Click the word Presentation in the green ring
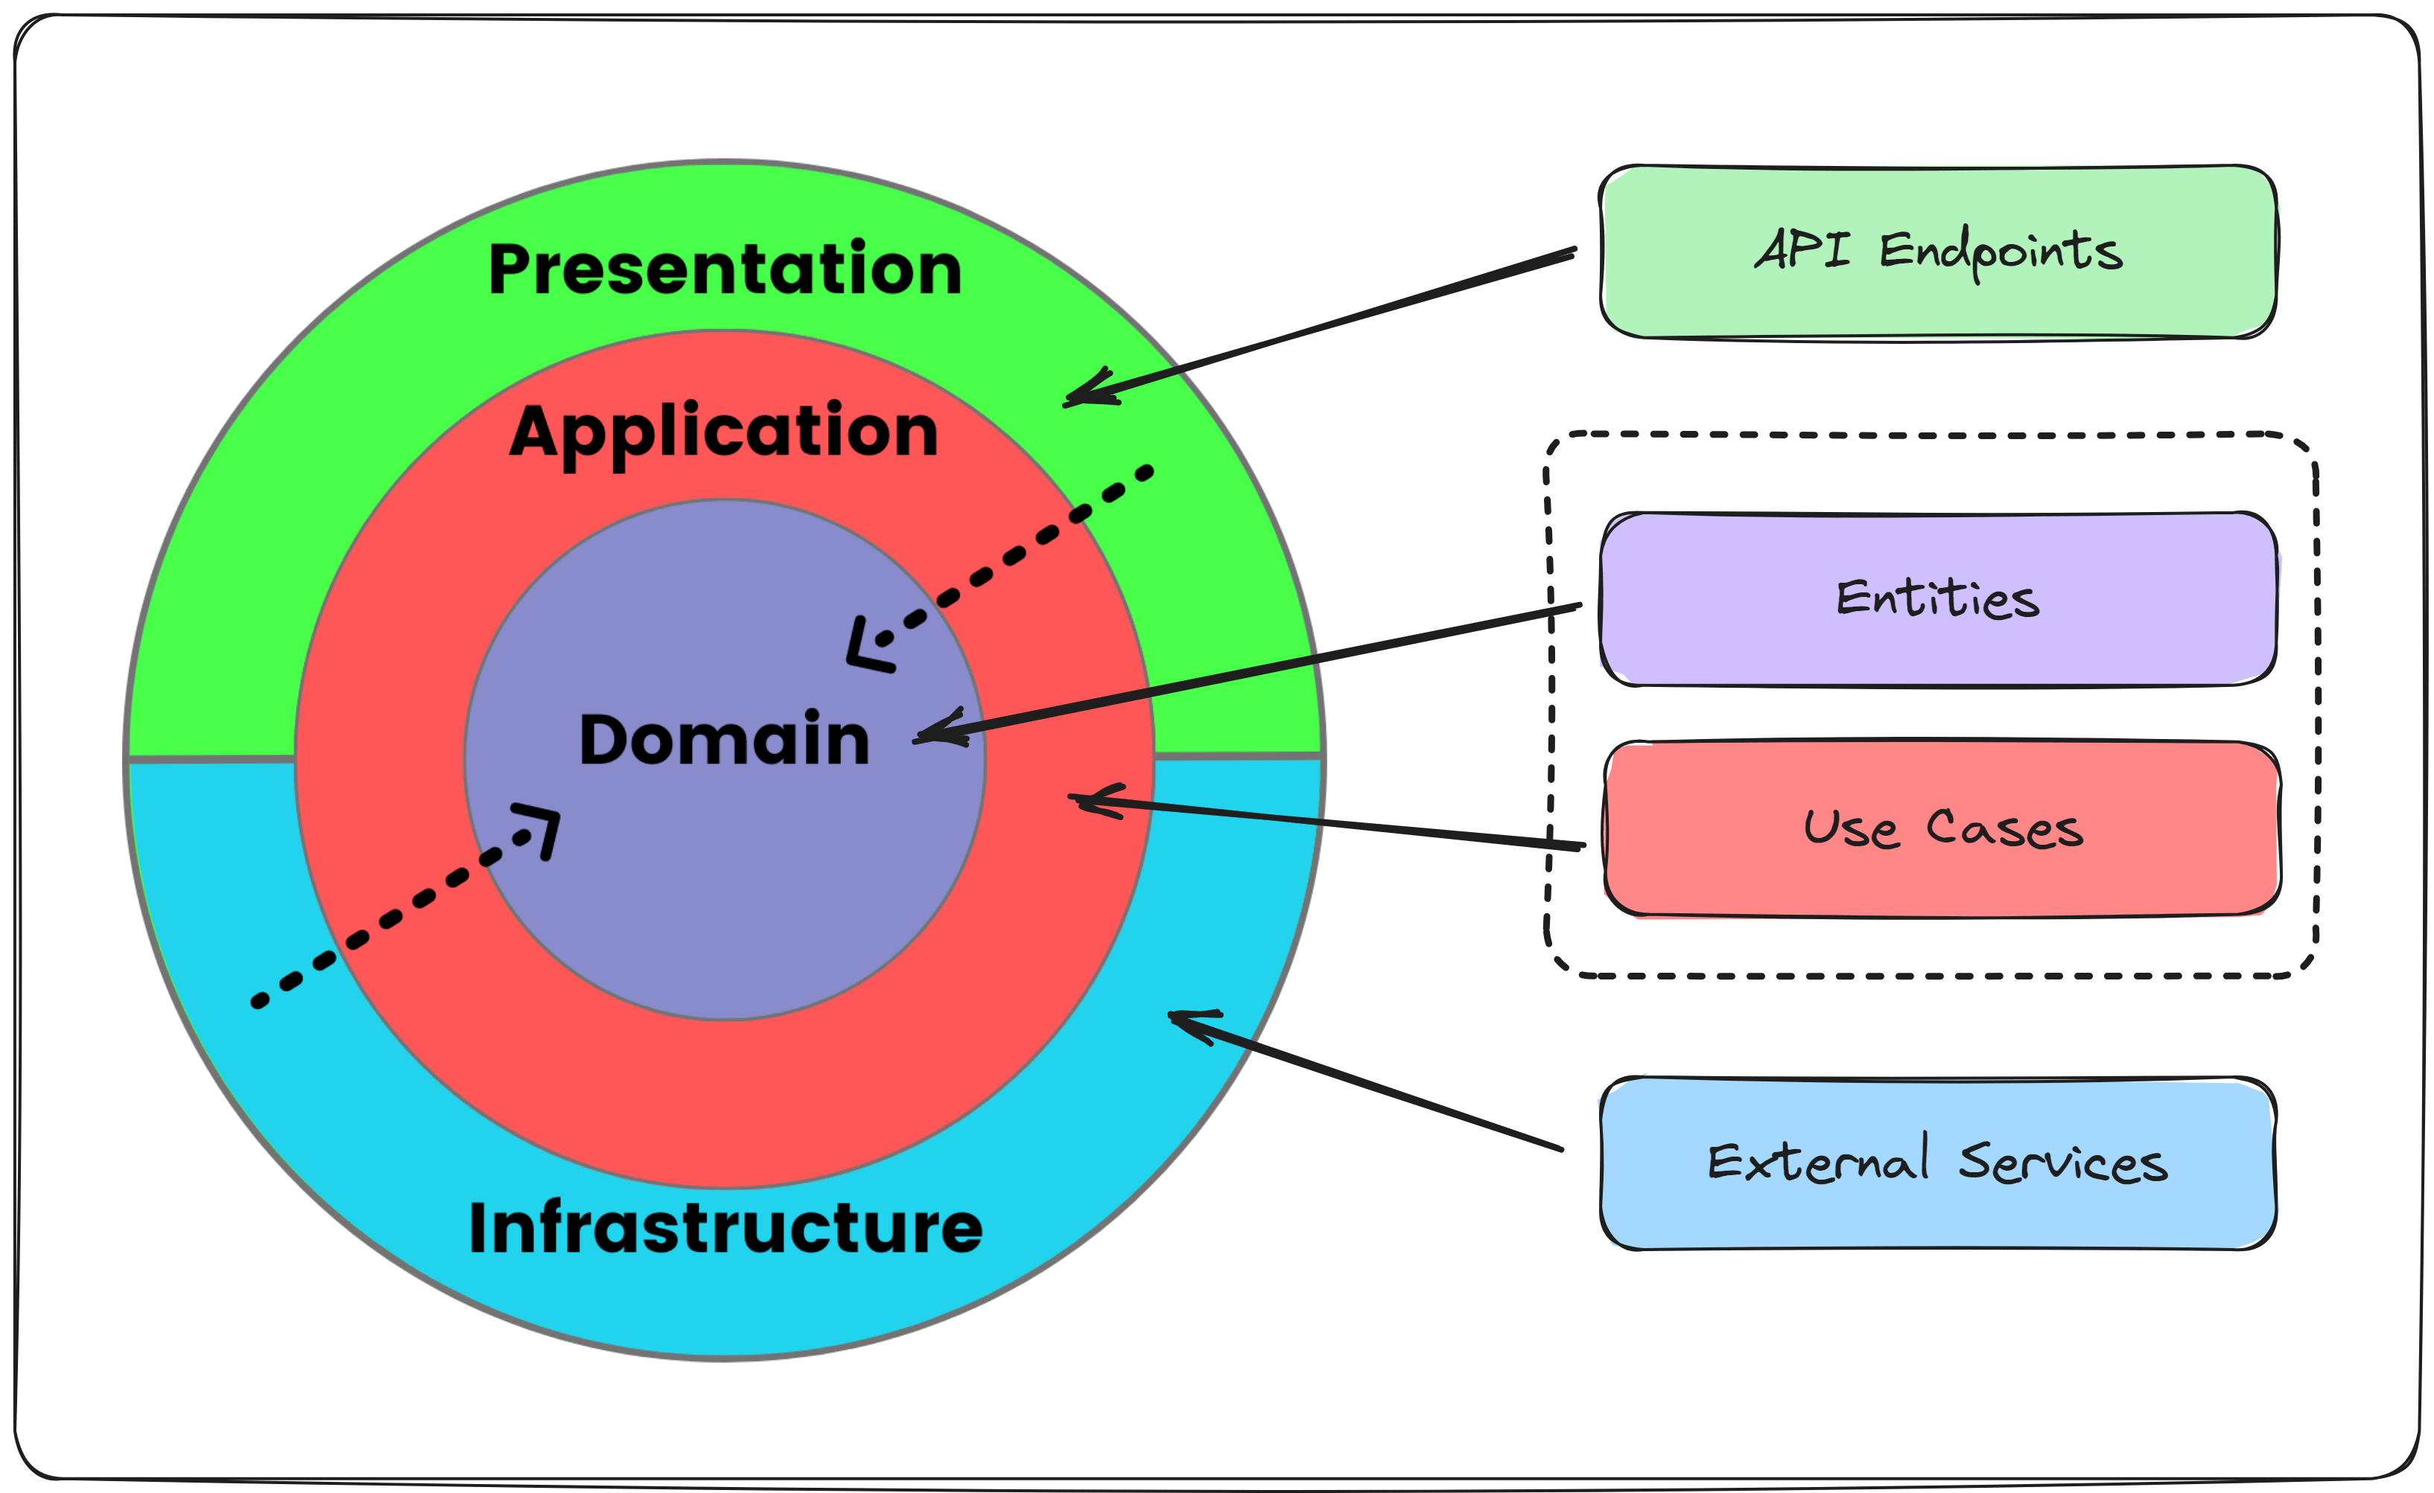point(725,269)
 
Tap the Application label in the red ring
point(724,432)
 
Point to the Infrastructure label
point(726,1227)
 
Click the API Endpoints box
point(1938,252)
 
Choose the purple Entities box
point(1938,599)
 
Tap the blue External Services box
point(1938,1163)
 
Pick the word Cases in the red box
point(2005,828)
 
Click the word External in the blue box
point(1817,1163)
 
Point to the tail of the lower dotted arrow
point(258,1003)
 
